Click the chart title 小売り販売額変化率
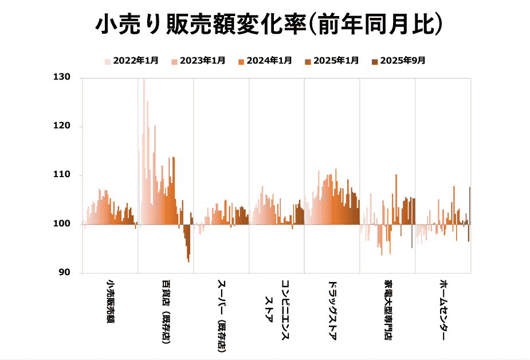269,26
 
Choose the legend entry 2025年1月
332,61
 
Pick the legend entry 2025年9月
399,61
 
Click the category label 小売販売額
110,301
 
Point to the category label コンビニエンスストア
277,310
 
